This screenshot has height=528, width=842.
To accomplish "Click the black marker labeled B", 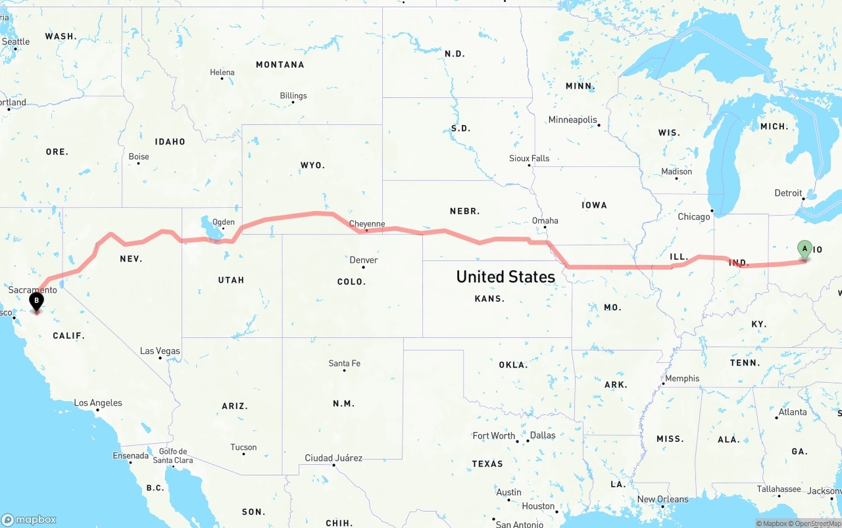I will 37,301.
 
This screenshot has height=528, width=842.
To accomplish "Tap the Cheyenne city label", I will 366,224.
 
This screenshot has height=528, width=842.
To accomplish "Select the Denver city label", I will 363,260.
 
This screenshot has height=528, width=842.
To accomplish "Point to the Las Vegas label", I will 160,350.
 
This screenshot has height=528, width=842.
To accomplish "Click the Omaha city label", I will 545,220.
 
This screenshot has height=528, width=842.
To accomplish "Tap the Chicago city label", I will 694,216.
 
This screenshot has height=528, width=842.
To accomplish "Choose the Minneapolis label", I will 572,120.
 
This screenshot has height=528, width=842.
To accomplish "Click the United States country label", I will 505,277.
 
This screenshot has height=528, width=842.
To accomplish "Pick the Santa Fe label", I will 344,363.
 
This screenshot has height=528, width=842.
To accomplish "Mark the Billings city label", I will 293,95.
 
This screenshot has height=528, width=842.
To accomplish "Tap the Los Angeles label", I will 97,402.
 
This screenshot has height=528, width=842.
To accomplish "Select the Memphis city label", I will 682,378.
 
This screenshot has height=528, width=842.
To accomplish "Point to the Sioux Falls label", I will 529,158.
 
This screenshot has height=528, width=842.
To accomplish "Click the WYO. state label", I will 312,165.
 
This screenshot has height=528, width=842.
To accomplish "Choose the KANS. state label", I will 489,299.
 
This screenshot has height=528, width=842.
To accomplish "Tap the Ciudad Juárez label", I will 333,458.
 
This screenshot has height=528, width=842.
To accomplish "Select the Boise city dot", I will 139,163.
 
